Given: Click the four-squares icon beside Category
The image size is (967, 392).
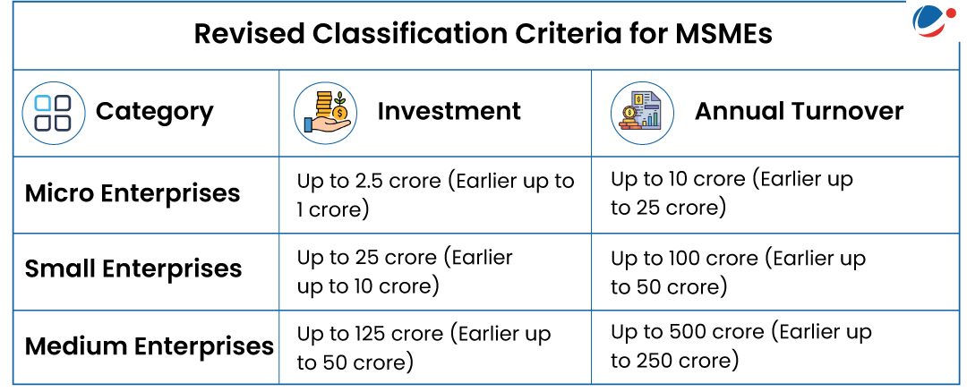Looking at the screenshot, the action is click(x=53, y=114).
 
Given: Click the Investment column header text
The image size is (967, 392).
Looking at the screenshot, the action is click(x=449, y=112).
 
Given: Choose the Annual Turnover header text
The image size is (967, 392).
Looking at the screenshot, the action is click(x=799, y=112).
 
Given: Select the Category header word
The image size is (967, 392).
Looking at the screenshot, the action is click(x=154, y=113).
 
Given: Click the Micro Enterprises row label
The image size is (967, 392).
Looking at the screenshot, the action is click(x=132, y=193).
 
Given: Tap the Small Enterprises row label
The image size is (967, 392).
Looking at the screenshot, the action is click(x=133, y=269).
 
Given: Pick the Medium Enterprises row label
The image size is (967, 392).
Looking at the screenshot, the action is click(x=150, y=345).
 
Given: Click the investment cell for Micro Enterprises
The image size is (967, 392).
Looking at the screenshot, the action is click(x=435, y=195).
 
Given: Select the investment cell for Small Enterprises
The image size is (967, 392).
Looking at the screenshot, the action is click(x=405, y=272).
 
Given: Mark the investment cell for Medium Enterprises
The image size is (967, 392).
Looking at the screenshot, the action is click(x=424, y=348).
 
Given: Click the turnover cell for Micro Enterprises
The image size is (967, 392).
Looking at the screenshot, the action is click(x=732, y=193).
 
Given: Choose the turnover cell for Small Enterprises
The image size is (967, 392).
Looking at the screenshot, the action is click(x=738, y=272).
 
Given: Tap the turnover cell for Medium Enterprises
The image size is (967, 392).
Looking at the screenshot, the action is click(x=741, y=346).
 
